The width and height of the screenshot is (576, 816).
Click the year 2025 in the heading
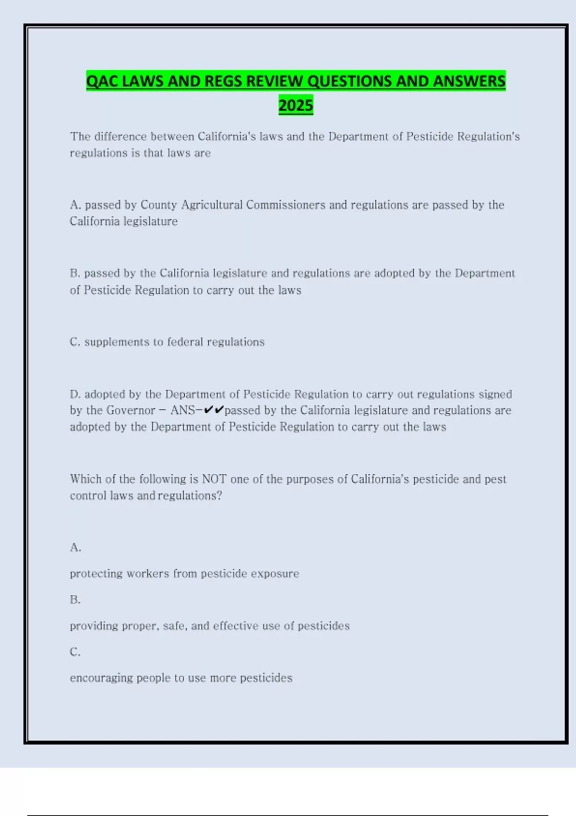coord(296,105)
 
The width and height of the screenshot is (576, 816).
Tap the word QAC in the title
coord(102,81)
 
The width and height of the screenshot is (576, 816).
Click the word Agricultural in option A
coord(212,205)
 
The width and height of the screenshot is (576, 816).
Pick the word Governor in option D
coord(131,411)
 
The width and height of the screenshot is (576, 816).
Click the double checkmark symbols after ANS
coord(214,410)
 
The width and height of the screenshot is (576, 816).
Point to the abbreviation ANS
coord(182,411)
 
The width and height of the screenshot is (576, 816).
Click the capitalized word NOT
coord(214,479)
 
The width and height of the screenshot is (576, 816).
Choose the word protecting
coord(96,574)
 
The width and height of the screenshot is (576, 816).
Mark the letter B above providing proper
coord(75,600)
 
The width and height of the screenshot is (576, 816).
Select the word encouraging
coord(101,678)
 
